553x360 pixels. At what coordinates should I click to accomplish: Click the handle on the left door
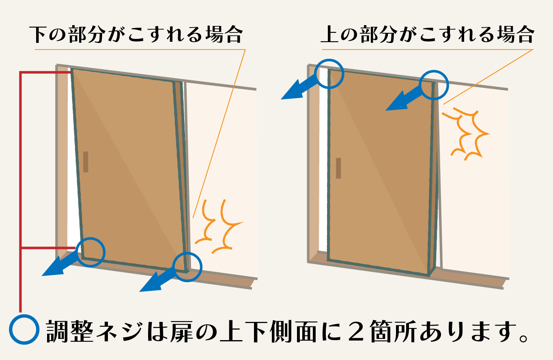86,162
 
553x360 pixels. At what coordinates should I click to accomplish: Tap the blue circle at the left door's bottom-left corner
90,252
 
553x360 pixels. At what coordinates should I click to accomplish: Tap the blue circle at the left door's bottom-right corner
187,267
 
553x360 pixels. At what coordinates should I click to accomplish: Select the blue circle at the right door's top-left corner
329,73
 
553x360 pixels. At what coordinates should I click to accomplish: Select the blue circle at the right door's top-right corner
434,86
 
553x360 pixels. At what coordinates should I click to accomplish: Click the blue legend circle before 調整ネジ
24,329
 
